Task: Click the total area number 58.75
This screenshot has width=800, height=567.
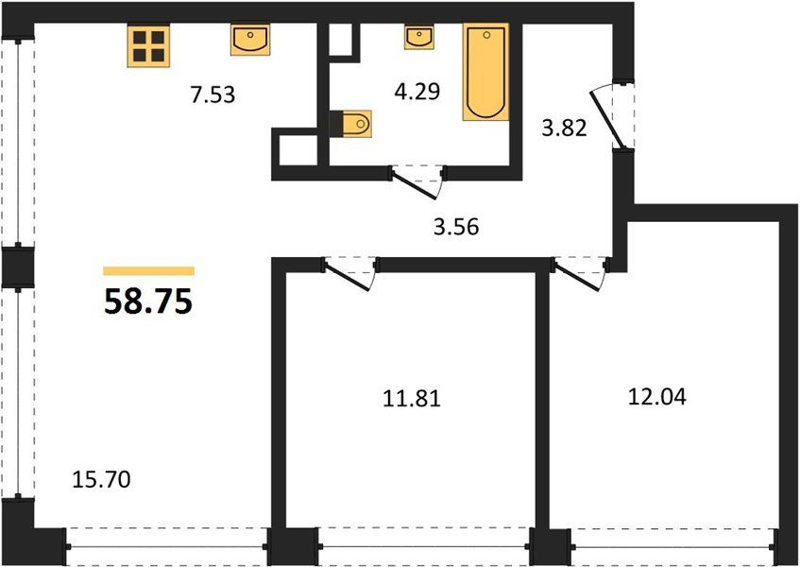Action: pyautogui.click(x=148, y=301)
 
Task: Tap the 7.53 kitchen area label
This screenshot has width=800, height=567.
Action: pyautogui.click(x=213, y=94)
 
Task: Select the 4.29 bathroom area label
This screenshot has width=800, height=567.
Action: pyautogui.click(x=417, y=92)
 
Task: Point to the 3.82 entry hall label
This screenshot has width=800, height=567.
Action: pyautogui.click(x=564, y=129)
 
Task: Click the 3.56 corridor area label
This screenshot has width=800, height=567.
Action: pyautogui.click(x=456, y=227)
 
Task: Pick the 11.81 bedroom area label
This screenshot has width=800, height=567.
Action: pyautogui.click(x=412, y=398)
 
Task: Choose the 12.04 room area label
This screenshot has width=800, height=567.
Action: pyautogui.click(x=657, y=396)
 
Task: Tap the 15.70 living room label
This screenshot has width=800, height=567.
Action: pyautogui.click(x=101, y=479)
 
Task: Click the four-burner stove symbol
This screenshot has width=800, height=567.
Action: pyautogui.click(x=148, y=45)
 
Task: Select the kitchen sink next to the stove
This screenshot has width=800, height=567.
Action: pyautogui.click(x=250, y=40)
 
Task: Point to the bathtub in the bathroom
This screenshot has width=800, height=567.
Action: pyautogui.click(x=485, y=72)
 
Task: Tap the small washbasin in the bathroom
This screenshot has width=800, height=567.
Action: pyautogui.click(x=418, y=37)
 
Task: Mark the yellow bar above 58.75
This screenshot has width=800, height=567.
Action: pyautogui.click(x=148, y=270)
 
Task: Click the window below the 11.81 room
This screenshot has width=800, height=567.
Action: pyautogui.click(x=424, y=546)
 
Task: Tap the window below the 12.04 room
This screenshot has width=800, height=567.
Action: pyautogui.click(x=672, y=546)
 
